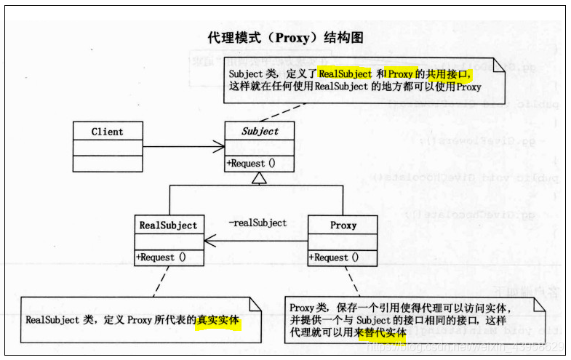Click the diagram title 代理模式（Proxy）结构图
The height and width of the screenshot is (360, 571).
pyautogui.click(x=286, y=37)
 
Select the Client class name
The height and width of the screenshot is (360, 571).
pyautogui.click(x=107, y=132)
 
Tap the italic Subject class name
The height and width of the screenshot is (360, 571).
pyautogui.click(x=260, y=132)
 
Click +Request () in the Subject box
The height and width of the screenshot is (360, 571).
pyautogui.click(x=251, y=163)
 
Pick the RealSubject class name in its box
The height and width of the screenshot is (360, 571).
pyautogui.click(x=168, y=225)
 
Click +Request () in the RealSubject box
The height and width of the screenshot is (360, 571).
pyautogui.click(x=160, y=257)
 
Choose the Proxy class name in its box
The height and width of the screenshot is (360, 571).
pyautogui.click(x=343, y=225)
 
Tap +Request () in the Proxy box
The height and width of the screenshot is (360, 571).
pyautogui.click(x=334, y=257)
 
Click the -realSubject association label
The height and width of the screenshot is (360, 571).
pyautogui.click(x=257, y=223)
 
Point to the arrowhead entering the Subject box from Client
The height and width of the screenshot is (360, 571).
pyautogui.click(x=220, y=148)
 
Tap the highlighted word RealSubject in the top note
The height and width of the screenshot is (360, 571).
pyautogui.click(x=345, y=73)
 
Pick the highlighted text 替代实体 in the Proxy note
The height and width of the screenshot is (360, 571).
pyautogui.click(x=383, y=332)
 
